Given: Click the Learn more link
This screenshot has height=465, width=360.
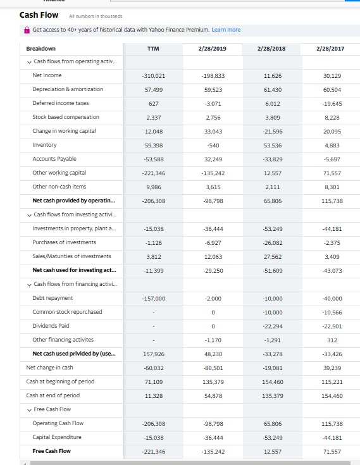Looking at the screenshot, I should pyautogui.click(x=226, y=30).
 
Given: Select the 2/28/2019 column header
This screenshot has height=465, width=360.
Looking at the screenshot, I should pyautogui.click(x=213, y=48).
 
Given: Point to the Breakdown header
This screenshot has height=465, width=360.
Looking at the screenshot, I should pyautogui.click(x=41, y=49).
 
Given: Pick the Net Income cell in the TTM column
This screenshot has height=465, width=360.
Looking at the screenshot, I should pyautogui.click(x=153, y=75).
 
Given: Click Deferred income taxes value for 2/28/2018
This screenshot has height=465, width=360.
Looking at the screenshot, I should pyautogui.click(x=273, y=103).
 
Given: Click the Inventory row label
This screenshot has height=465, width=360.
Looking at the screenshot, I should pyautogui.click(x=44, y=145).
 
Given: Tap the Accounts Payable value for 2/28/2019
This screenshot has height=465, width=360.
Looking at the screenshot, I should pyautogui.click(x=213, y=159).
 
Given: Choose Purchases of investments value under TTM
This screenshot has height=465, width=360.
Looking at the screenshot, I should pyautogui.click(x=153, y=242).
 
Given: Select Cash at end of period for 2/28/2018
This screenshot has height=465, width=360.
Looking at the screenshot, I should pyautogui.click(x=273, y=395).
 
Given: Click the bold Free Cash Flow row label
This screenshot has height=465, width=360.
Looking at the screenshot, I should pyautogui.click(x=51, y=451).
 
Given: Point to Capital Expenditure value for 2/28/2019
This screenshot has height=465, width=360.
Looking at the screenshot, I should pyautogui.click(x=213, y=437).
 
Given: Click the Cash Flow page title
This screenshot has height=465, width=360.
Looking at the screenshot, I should pyautogui.click(x=39, y=15).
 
